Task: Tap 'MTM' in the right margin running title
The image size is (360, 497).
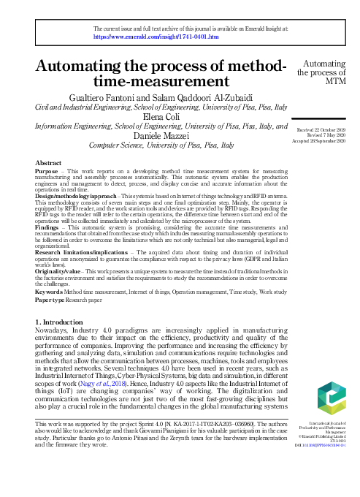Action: (x=325, y=82)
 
